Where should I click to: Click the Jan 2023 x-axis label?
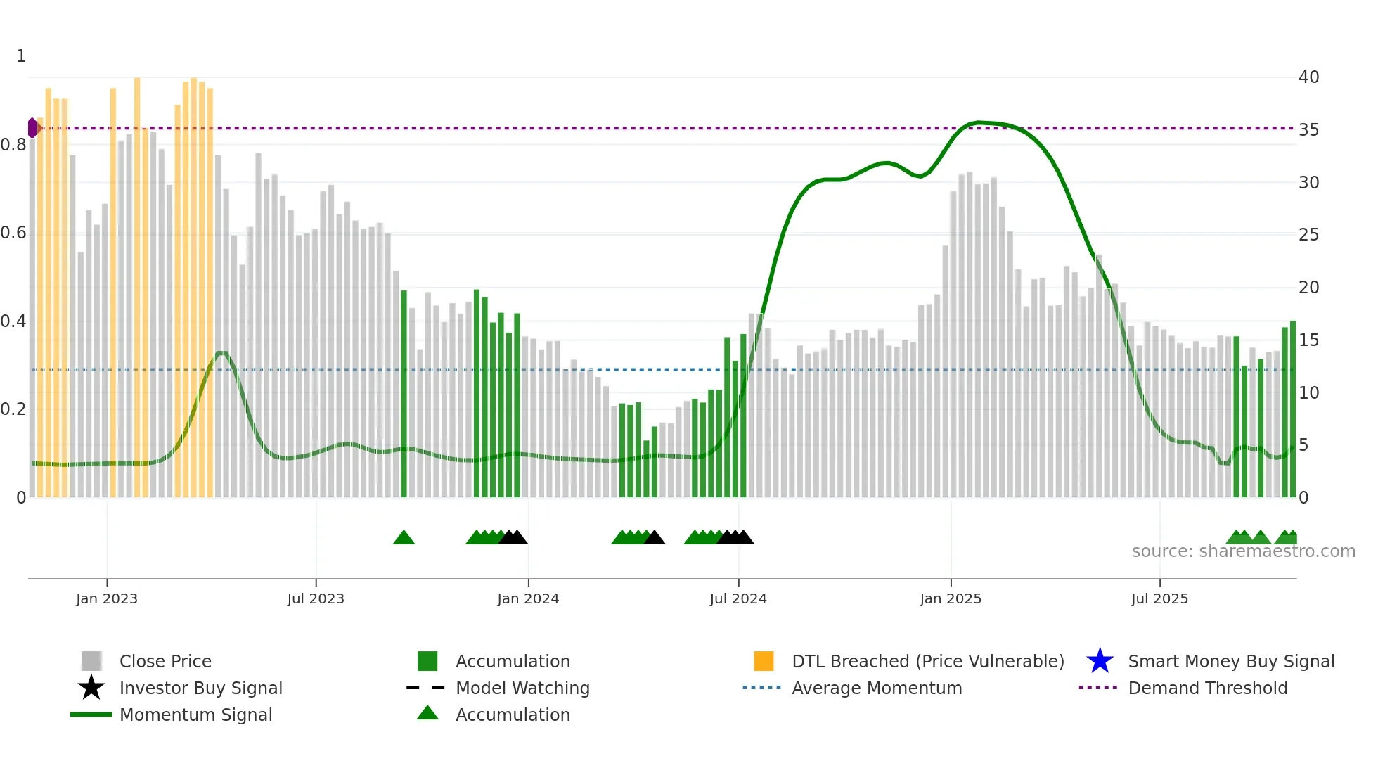click(x=107, y=598)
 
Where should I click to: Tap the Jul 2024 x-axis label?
click(x=738, y=598)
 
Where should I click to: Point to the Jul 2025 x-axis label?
click(x=1159, y=598)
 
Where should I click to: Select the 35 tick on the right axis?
click(x=1308, y=130)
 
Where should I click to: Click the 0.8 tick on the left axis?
click(x=13, y=145)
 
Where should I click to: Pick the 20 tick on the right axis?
click(x=1308, y=287)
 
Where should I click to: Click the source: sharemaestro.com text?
click(x=1243, y=551)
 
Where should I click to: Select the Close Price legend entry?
click(x=165, y=661)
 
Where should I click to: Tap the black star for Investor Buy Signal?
click(x=91, y=688)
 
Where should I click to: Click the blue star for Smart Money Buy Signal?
click(x=1100, y=661)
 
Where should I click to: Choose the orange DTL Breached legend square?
click(x=764, y=661)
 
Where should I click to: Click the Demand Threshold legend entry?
click(x=1207, y=688)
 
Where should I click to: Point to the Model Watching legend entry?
click(x=522, y=688)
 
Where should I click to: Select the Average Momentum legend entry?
click(x=876, y=688)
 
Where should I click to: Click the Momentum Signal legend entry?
click(x=195, y=715)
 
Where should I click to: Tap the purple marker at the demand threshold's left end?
click(x=32, y=128)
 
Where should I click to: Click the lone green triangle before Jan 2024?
click(x=404, y=538)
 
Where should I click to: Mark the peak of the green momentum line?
click(x=979, y=122)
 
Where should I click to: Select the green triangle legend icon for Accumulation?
click(x=427, y=713)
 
